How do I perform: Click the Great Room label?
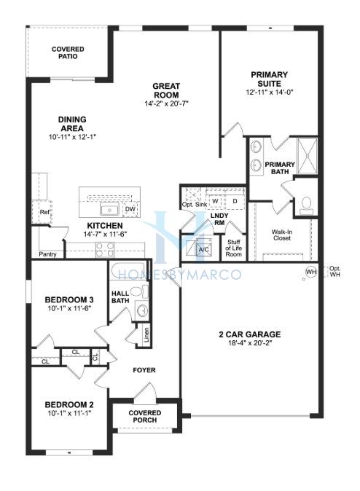(x=166, y=90)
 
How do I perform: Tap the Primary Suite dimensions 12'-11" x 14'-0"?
(x=269, y=93)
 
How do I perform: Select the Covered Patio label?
(x=68, y=52)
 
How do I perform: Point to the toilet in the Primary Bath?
(x=306, y=205)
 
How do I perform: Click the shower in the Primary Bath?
(x=307, y=156)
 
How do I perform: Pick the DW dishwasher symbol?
(x=130, y=209)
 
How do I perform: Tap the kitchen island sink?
(x=109, y=209)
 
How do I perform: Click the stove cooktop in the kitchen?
(x=105, y=250)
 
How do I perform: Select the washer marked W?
(x=215, y=201)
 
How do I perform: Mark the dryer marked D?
(x=235, y=201)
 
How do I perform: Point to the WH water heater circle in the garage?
(x=310, y=272)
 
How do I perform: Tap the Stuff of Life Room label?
(x=234, y=248)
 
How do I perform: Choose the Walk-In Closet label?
(x=282, y=235)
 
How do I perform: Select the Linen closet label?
(x=146, y=335)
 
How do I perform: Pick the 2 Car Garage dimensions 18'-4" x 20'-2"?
(x=250, y=343)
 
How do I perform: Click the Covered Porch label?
(x=145, y=417)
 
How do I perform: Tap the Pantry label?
(x=47, y=254)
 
